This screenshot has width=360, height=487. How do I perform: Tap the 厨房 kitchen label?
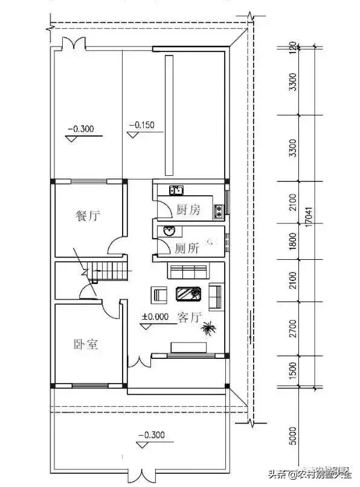tap(188, 210)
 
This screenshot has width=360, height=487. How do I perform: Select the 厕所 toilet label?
tap(187, 248)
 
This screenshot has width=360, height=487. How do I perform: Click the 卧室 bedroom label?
tap(86, 345)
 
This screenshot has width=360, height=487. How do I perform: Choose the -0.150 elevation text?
tap(142, 126)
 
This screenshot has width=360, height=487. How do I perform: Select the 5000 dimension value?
tap(293, 434)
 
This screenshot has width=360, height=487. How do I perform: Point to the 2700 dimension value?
tap(293, 327)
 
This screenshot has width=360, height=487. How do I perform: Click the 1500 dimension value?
tap(293, 370)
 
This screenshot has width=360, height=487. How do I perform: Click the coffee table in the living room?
tap(188, 294)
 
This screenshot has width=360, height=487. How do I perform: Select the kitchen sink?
tap(176, 190)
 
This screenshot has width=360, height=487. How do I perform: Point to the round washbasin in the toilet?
tap(169, 231)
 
